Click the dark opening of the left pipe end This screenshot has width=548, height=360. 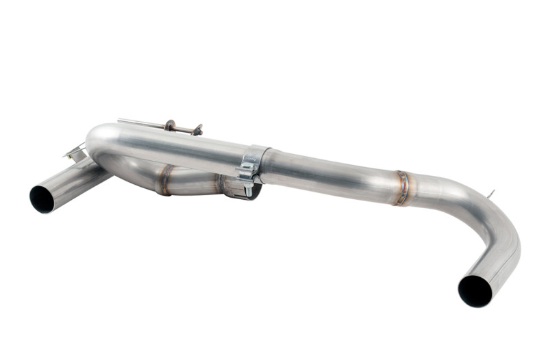42,198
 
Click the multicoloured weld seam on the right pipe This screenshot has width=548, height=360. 403,187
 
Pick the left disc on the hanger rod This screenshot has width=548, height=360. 169,126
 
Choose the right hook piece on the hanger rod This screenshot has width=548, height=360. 197,129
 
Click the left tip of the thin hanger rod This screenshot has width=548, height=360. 119,120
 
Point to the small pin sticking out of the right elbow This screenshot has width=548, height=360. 491,194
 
